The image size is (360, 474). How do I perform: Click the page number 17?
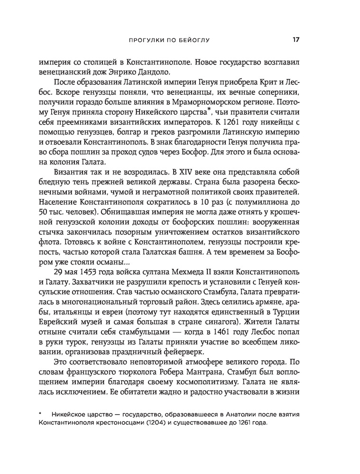[x=295, y=40]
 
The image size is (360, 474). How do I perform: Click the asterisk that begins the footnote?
[x=41, y=414]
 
